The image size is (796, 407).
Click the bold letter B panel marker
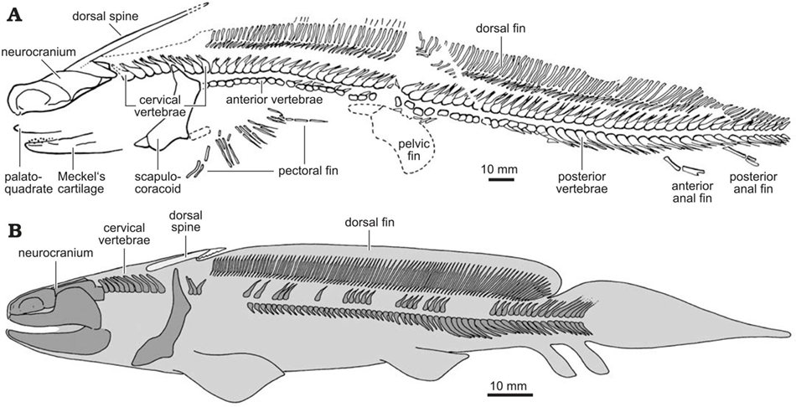pyautogui.click(x=15, y=230)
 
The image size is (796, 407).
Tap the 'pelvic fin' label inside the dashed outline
pyautogui.click(x=415, y=150)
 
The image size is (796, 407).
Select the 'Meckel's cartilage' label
pyautogui.click(x=80, y=183)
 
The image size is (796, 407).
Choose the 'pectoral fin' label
pyautogui.click(x=308, y=171)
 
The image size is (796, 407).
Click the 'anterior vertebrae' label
pyautogui.click(x=274, y=100)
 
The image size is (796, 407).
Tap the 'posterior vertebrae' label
pyautogui.click(x=581, y=183)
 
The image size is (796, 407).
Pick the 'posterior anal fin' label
pyautogui.click(x=753, y=183)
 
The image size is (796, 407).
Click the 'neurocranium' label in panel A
pyautogui.click(x=39, y=52)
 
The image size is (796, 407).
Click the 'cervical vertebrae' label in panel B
pyautogui.click(x=125, y=234)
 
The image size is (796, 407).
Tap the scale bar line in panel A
pyautogui.click(x=499, y=179)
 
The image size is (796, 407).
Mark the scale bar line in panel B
pyautogui.click(x=510, y=394)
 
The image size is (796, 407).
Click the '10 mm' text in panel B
pyautogui.click(x=510, y=384)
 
